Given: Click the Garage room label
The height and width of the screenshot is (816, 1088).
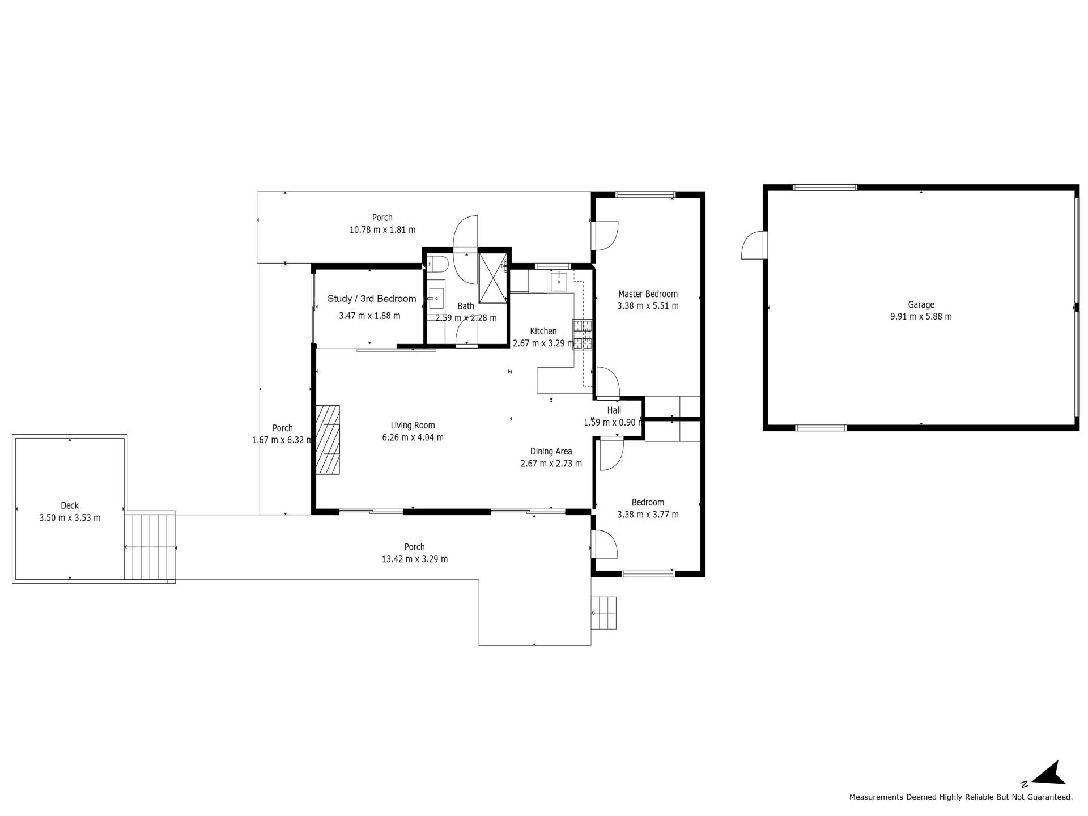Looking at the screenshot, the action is click(921, 305).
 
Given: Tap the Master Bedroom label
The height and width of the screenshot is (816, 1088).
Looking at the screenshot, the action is click(648, 294).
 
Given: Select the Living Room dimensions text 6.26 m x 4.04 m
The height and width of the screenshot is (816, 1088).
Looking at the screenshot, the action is click(413, 437).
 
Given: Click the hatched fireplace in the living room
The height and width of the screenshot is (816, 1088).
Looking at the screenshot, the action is click(328, 440).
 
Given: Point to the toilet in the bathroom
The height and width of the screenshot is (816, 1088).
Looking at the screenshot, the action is click(438, 264).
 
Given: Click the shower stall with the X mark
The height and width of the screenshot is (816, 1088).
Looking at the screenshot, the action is click(493, 279).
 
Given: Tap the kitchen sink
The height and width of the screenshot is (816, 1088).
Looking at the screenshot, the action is click(559, 281).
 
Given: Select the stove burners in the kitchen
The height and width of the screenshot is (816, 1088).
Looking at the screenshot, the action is click(583, 334).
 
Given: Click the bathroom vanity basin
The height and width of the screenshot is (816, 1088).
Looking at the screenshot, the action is click(436, 297).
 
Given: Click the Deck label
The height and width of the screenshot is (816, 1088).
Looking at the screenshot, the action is click(70, 505).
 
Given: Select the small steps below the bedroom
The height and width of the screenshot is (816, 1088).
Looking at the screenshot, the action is click(604, 613).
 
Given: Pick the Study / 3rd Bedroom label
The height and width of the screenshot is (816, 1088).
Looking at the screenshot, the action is click(372, 299).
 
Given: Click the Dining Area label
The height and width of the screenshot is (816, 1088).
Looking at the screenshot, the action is click(551, 452).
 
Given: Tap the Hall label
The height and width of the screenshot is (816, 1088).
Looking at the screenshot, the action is click(614, 410).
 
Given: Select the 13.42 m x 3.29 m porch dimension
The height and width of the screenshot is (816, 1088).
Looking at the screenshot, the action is click(415, 559).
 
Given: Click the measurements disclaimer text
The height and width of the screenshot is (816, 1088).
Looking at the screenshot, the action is click(960, 797).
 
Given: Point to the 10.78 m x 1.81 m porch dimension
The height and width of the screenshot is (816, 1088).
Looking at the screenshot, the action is click(382, 230).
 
